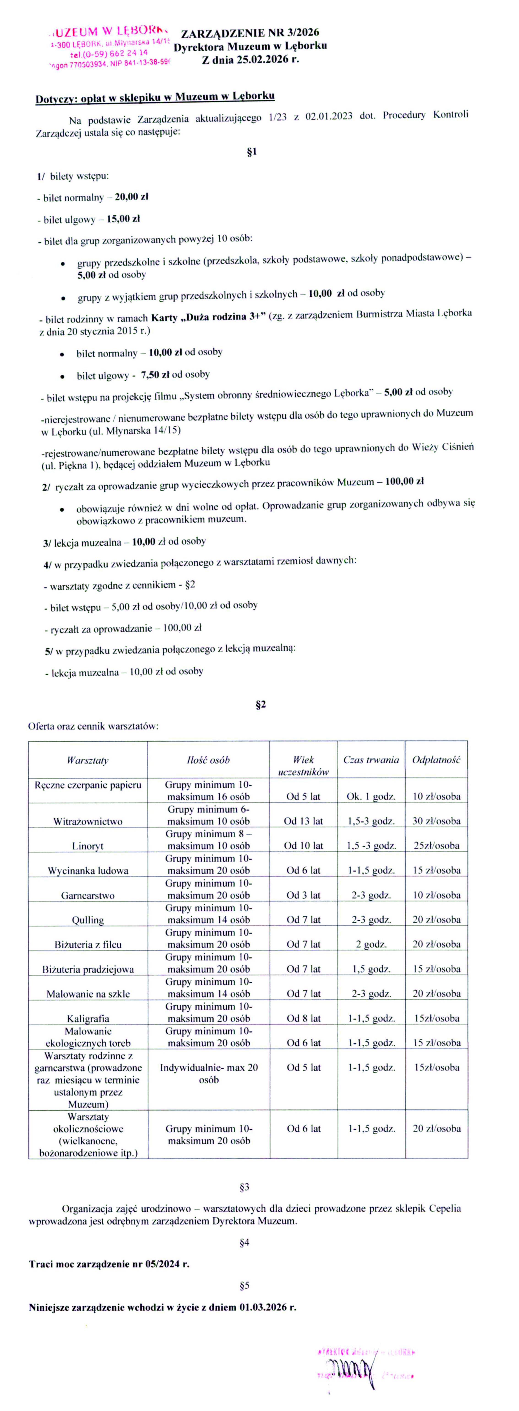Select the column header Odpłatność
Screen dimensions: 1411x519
(x=436, y=760)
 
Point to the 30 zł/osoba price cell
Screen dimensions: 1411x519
(x=436, y=821)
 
